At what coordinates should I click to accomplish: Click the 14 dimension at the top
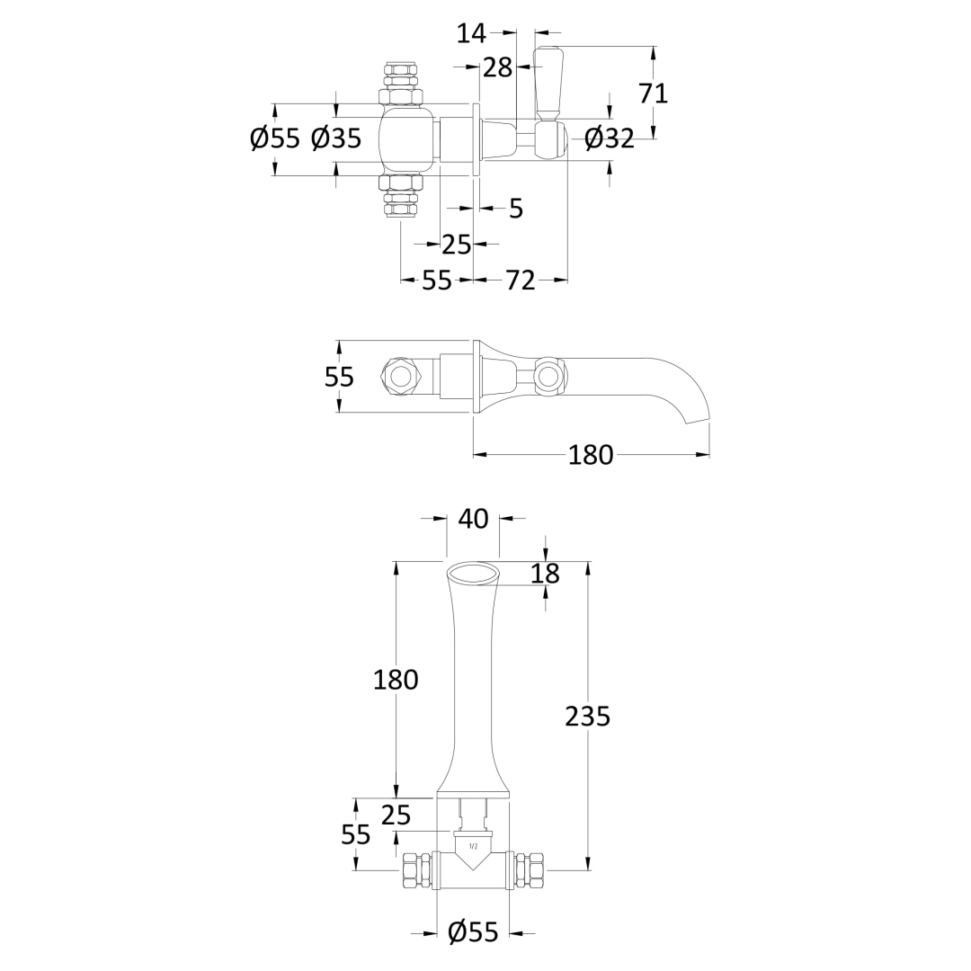click(x=471, y=33)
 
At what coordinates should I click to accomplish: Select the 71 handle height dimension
click(x=654, y=94)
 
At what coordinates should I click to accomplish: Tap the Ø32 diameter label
click(x=610, y=138)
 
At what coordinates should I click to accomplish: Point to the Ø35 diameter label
click(x=336, y=138)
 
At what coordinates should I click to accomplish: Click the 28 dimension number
click(x=498, y=67)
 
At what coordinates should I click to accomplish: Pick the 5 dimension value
click(x=516, y=209)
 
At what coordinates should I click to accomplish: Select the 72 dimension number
click(x=521, y=281)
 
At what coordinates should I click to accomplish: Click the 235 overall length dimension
click(x=588, y=717)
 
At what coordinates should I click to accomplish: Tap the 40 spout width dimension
click(x=473, y=519)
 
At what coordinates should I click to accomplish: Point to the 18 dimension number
click(x=545, y=574)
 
